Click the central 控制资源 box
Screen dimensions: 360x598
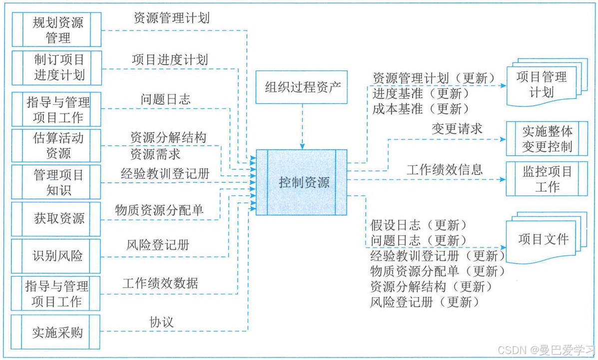coord(302,182)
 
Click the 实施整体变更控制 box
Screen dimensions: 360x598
coord(547,139)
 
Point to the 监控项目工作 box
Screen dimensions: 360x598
coord(547,179)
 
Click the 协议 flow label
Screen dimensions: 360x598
coord(161,323)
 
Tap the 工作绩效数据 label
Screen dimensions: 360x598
coord(160,284)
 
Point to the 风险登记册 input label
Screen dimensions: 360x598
coord(158,245)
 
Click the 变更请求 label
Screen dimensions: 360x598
coord(457,129)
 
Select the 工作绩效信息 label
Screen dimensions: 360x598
coord(444,169)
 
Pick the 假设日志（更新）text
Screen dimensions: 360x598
coord(419,225)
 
